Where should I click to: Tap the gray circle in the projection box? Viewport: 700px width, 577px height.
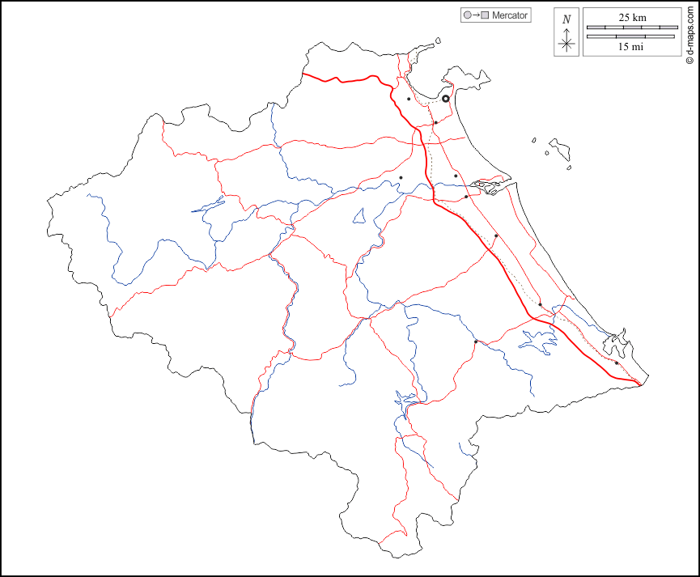tap(467, 15)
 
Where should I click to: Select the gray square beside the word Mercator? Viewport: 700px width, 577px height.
tap(485, 15)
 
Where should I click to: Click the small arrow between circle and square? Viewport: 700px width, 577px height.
tap(476, 15)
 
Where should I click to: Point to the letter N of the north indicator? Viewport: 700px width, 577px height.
tap(566, 19)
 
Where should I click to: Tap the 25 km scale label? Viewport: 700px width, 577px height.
tap(632, 17)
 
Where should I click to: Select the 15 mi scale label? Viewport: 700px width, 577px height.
tap(631, 47)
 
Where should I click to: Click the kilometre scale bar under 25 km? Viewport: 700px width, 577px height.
tap(632, 28)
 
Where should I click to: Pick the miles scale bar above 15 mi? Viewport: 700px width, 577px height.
tap(632, 36)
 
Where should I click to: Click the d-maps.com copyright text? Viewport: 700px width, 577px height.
tap(689, 33)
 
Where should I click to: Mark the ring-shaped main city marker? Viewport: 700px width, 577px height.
tap(446, 99)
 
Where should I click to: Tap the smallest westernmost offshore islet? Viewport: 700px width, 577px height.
tap(534, 140)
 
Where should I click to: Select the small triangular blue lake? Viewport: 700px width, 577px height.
tap(359, 216)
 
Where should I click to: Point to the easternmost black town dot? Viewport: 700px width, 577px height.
tap(617, 363)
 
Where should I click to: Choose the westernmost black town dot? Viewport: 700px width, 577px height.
tap(401, 178)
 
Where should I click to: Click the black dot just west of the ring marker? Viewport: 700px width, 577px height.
tap(409, 100)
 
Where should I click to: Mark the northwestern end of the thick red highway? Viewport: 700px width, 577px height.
tap(303, 74)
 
